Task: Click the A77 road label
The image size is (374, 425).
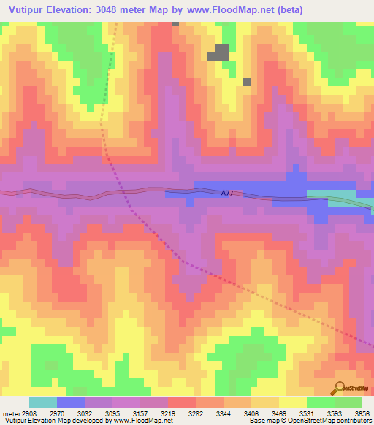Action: pos(227,194)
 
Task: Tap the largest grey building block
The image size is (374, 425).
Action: pos(221,52)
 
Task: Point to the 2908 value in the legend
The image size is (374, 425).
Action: pos(26,413)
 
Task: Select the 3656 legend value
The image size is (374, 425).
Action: pos(362,413)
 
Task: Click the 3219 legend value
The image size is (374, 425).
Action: pos(167,413)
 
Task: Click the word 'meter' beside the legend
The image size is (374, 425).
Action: pos(9,413)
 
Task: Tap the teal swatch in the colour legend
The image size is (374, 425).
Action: pos(42,402)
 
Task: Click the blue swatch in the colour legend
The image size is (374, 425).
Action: pos(70,402)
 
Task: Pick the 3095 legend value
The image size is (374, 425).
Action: pos(112,413)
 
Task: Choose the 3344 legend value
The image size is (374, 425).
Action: pos(223,413)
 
